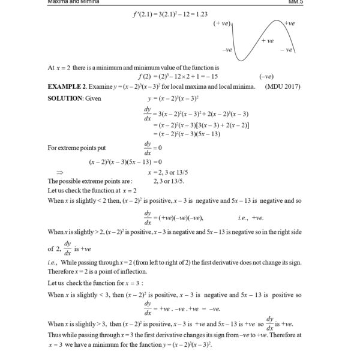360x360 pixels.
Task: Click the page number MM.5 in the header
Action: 298,2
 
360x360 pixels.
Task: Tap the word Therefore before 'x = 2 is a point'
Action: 62,270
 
